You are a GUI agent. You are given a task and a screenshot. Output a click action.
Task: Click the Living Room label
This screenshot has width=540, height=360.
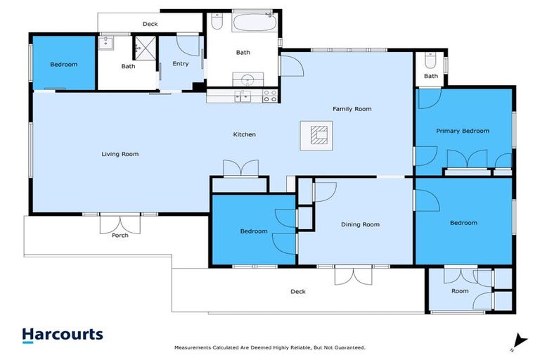coord(120,154)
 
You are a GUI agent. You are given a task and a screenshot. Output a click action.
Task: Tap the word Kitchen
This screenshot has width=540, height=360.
coord(245,134)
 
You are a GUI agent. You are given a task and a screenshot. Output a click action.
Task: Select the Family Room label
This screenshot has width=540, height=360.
coord(352,109)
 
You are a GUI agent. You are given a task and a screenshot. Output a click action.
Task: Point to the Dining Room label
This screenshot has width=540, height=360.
coord(360,224)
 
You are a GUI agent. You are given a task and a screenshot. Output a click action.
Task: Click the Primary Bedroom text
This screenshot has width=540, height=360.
coord(462,131)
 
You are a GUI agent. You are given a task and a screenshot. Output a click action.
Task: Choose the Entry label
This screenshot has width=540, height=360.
coord(180,64)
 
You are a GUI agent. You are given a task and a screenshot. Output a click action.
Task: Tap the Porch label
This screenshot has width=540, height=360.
coord(120,235)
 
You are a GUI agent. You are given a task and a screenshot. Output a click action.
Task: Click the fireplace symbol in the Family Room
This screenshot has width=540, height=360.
coord(319,134)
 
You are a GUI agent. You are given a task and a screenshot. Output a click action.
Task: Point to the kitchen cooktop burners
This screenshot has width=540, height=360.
coord(270,96)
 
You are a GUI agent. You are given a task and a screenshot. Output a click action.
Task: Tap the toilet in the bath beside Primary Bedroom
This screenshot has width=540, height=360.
coord(430,59)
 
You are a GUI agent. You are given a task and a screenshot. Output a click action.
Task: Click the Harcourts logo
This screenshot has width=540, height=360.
coord(63,335)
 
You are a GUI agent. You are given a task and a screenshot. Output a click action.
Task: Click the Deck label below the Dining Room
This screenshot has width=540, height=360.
coord(298,291)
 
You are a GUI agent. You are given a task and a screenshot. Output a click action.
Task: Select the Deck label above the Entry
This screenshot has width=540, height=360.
coord(150,24)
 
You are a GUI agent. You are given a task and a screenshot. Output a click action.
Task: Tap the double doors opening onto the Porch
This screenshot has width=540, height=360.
coord(120,222)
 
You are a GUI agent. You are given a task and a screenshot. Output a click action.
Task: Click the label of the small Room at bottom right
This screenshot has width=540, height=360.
coord(460,290)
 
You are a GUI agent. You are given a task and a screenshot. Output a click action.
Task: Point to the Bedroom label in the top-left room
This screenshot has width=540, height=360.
coord(63,65)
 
